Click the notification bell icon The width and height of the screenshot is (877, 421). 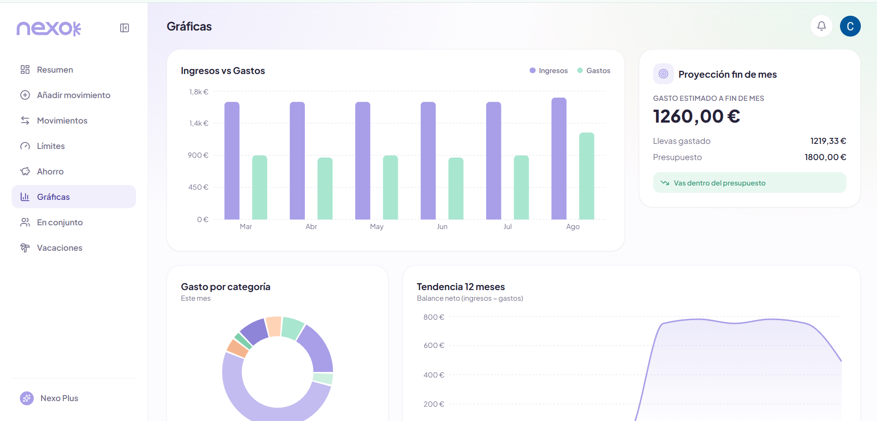click(821, 26)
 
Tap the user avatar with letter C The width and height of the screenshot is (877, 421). click(850, 26)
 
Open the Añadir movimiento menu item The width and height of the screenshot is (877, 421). click(74, 95)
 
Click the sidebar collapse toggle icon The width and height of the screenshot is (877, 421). click(124, 28)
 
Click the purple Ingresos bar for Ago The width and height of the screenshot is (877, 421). click(559, 158)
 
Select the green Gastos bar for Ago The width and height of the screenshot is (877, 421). click(587, 176)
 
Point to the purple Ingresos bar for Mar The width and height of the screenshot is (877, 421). click(232, 161)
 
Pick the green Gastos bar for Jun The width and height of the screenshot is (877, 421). click(456, 188)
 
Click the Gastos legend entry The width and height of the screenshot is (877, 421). click(594, 70)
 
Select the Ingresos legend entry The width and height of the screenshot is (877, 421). click(549, 70)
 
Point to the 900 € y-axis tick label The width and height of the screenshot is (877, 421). click(198, 155)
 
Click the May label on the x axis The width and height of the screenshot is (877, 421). click(377, 226)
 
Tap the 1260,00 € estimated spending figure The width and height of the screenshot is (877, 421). click(696, 116)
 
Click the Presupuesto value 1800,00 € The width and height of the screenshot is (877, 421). click(825, 157)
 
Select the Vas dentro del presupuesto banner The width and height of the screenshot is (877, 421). click(749, 183)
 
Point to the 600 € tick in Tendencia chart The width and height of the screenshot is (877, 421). click(434, 345)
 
